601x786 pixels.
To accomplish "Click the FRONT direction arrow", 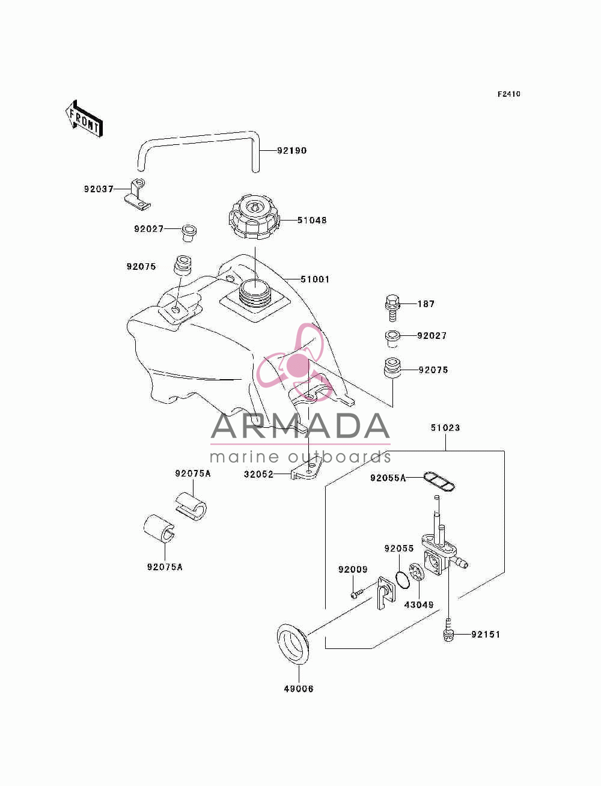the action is coord(84,118).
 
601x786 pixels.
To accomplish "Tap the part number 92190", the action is coord(292,151).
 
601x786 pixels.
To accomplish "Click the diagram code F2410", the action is coord(508,94).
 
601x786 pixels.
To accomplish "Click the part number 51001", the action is coord(315,279).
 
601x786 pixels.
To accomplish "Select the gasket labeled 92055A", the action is coord(439,481).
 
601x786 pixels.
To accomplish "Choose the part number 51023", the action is coord(445,428).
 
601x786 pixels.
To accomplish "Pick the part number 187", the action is coord(426,304).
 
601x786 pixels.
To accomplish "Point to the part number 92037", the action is coord(99,189).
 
